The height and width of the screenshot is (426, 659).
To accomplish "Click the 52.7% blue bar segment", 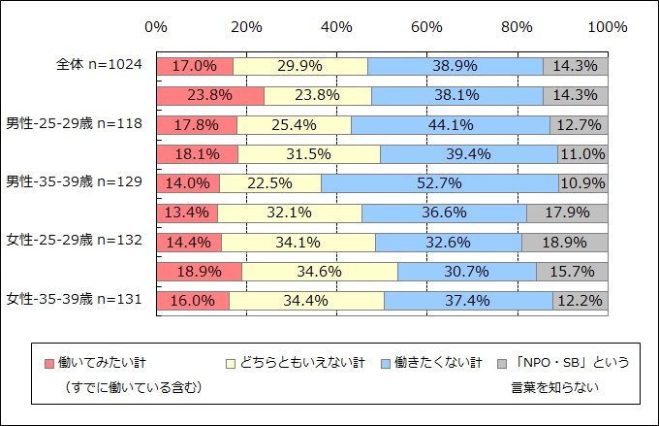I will click(439, 183).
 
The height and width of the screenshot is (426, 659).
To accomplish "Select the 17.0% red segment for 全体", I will click(194, 66).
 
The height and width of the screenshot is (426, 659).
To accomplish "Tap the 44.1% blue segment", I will click(450, 125).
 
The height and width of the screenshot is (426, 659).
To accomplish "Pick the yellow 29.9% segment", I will click(300, 66).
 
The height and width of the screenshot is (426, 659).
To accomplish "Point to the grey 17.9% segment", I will click(581, 213).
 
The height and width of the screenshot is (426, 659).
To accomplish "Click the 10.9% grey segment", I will click(583, 183).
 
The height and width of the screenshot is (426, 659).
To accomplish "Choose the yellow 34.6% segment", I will click(320, 272).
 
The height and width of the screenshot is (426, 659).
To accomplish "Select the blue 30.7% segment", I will click(467, 272).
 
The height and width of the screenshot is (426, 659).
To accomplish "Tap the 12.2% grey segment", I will click(581, 301).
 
